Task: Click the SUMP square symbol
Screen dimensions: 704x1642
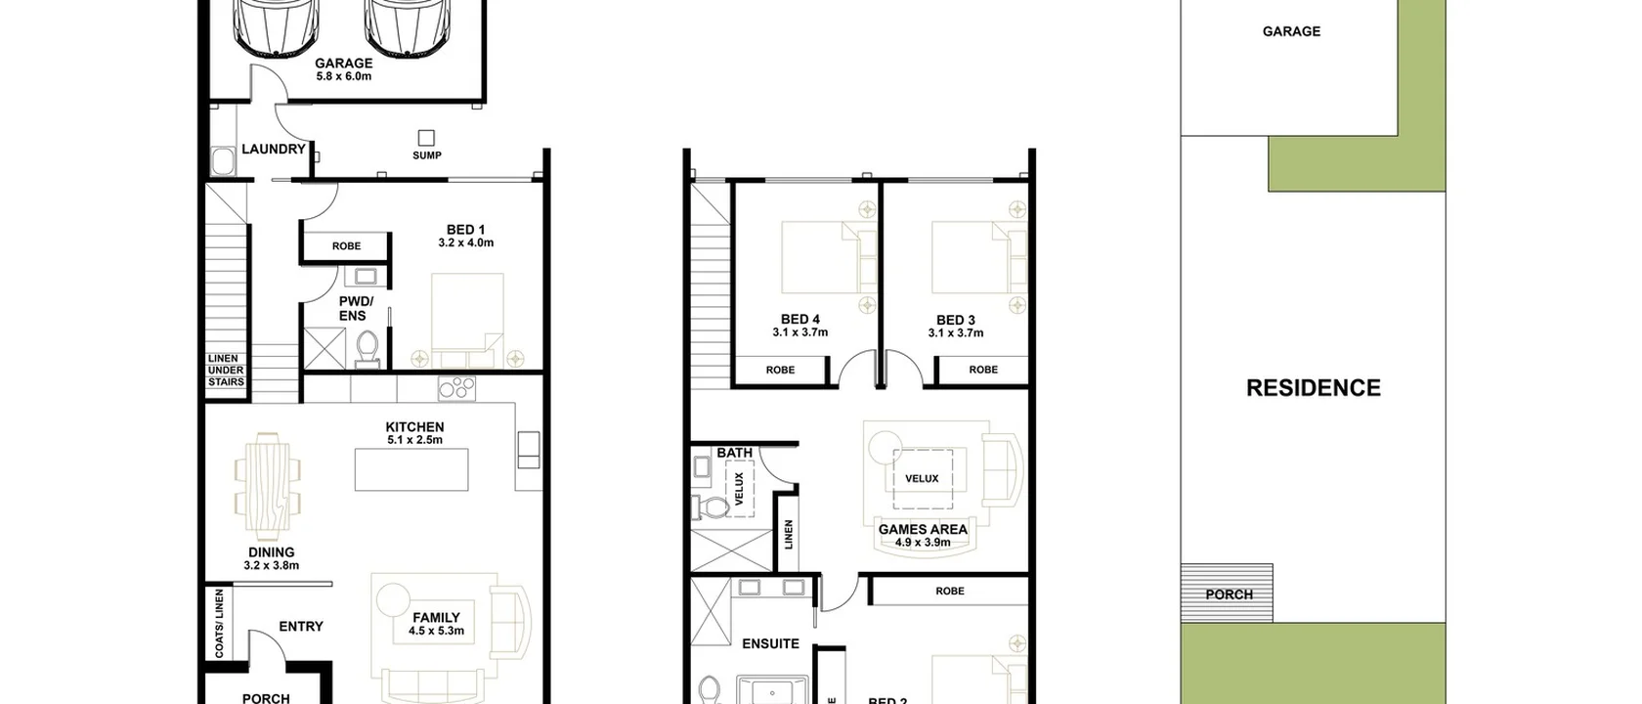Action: pyautogui.click(x=426, y=138)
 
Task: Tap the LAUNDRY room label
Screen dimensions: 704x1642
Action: pyautogui.click(x=274, y=150)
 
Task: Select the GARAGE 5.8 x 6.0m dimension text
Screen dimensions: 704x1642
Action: pyautogui.click(x=343, y=76)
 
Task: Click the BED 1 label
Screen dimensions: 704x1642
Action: pyautogui.click(x=465, y=230)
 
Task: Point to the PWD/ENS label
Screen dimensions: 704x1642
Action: pyautogui.click(x=355, y=308)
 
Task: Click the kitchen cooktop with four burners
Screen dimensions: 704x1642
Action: pyautogui.click(x=456, y=387)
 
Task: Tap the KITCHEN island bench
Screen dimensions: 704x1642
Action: pyautogui.click(x=411, y=469)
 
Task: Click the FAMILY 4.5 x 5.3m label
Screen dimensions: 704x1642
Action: pyautogui.click(x=436, y=624)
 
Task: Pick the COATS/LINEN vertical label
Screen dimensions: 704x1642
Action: pyautogui.click(x=219, y=623)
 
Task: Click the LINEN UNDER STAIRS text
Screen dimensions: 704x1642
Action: pyautogui.click(x=226, y=371)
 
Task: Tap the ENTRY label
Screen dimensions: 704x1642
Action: pyautogui.click(x=301, y=627)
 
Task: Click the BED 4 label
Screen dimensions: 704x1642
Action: pyautogui.click(x=799, y=320)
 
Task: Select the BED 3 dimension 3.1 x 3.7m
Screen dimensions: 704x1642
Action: pyautogui.click(x=956, y=333)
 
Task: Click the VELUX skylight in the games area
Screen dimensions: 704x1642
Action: pyautogui.click(x=922, y=478)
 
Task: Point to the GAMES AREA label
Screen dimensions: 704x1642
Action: pyautogui.click(x=923, y=529)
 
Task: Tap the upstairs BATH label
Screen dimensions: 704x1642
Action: pyautogui.click(x=735, y=453)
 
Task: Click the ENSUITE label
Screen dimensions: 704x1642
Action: pyautogui.click(x=770, y=643)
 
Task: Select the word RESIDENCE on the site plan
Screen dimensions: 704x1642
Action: pyautogui.click(x=1313, y=388)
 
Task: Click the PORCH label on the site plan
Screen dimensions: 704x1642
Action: pyautogui.click(x=1229, y=594)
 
